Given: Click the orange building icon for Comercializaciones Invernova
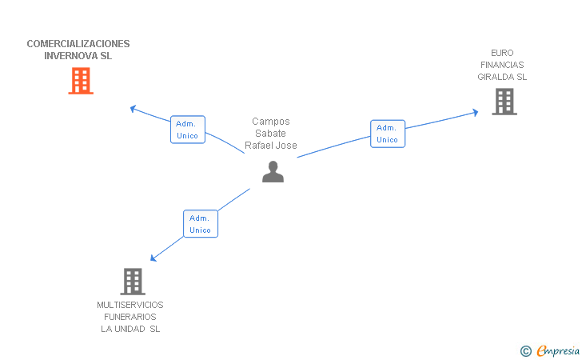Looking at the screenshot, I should pyautogui.click(x=81, y=81).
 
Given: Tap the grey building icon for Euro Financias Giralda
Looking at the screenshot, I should pyautogui.click(x=504, y=102).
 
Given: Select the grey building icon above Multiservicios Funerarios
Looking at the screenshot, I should pyautogui.click(x=133, y=282).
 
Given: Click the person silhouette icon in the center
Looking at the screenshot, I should pyautogui.click(x=273, y=172).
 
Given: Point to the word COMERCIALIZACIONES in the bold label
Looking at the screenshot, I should pyautogui.click(x=78, y=44).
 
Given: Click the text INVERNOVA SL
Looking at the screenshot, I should pyautogui.click(x=78, y=57).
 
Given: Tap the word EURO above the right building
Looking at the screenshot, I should pyautogui.click(x=502, y=52).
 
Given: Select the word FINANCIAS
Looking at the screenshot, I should pyautogui.click(x=502, y=65).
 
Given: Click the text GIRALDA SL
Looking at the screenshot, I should pyautogui.click(x=502, y=78).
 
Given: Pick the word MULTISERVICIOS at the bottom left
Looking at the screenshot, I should pyautogui.click(x=130, y=305).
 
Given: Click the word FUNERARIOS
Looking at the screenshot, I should pyautogui.click(x=130, y=317).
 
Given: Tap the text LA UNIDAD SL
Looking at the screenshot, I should pyautogui.click(x=130, y=330).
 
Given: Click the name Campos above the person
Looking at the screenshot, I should pyautogui.click(x=271, y=122).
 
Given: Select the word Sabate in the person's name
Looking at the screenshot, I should pyautogui.click(x=271, y=134).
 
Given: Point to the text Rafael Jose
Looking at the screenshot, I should pyautogui.click(x=271, y=146).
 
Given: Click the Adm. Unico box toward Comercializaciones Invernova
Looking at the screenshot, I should pyautogui.click(x=188, y=130).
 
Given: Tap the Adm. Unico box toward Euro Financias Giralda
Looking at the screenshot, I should pyautogui.click(x=388, y=134).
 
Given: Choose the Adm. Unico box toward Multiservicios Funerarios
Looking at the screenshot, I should pyautogui.click(x=201, y=224).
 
